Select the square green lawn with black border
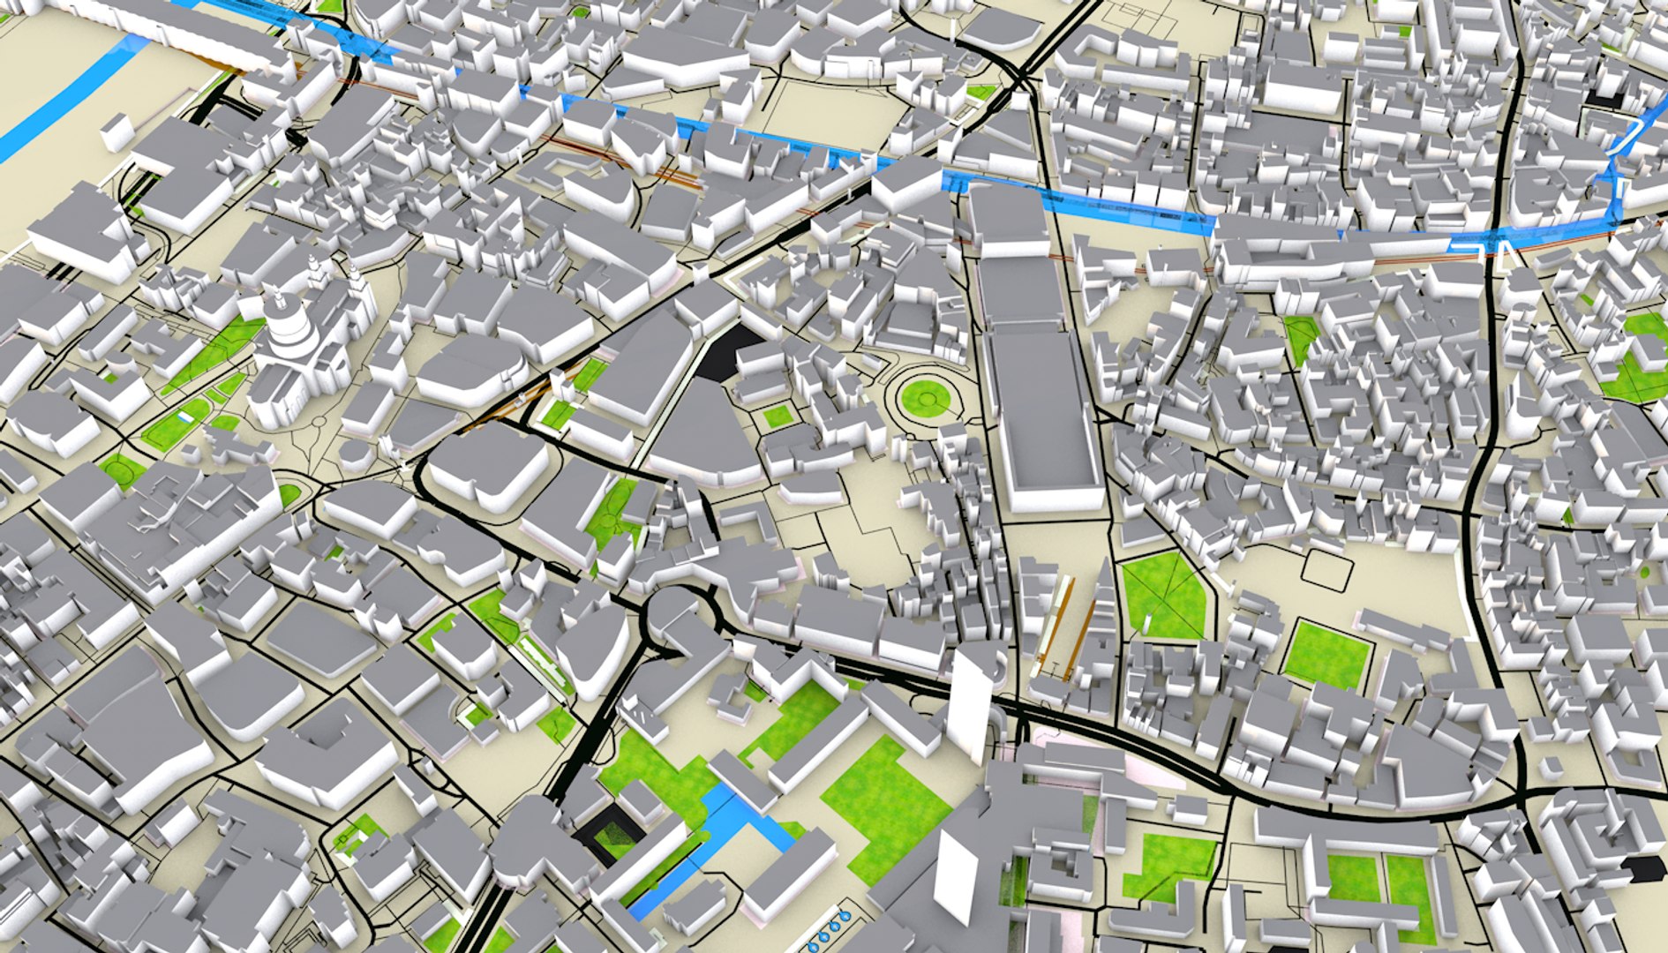pos(1326,654)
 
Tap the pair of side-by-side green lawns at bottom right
pos(1381,882)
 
